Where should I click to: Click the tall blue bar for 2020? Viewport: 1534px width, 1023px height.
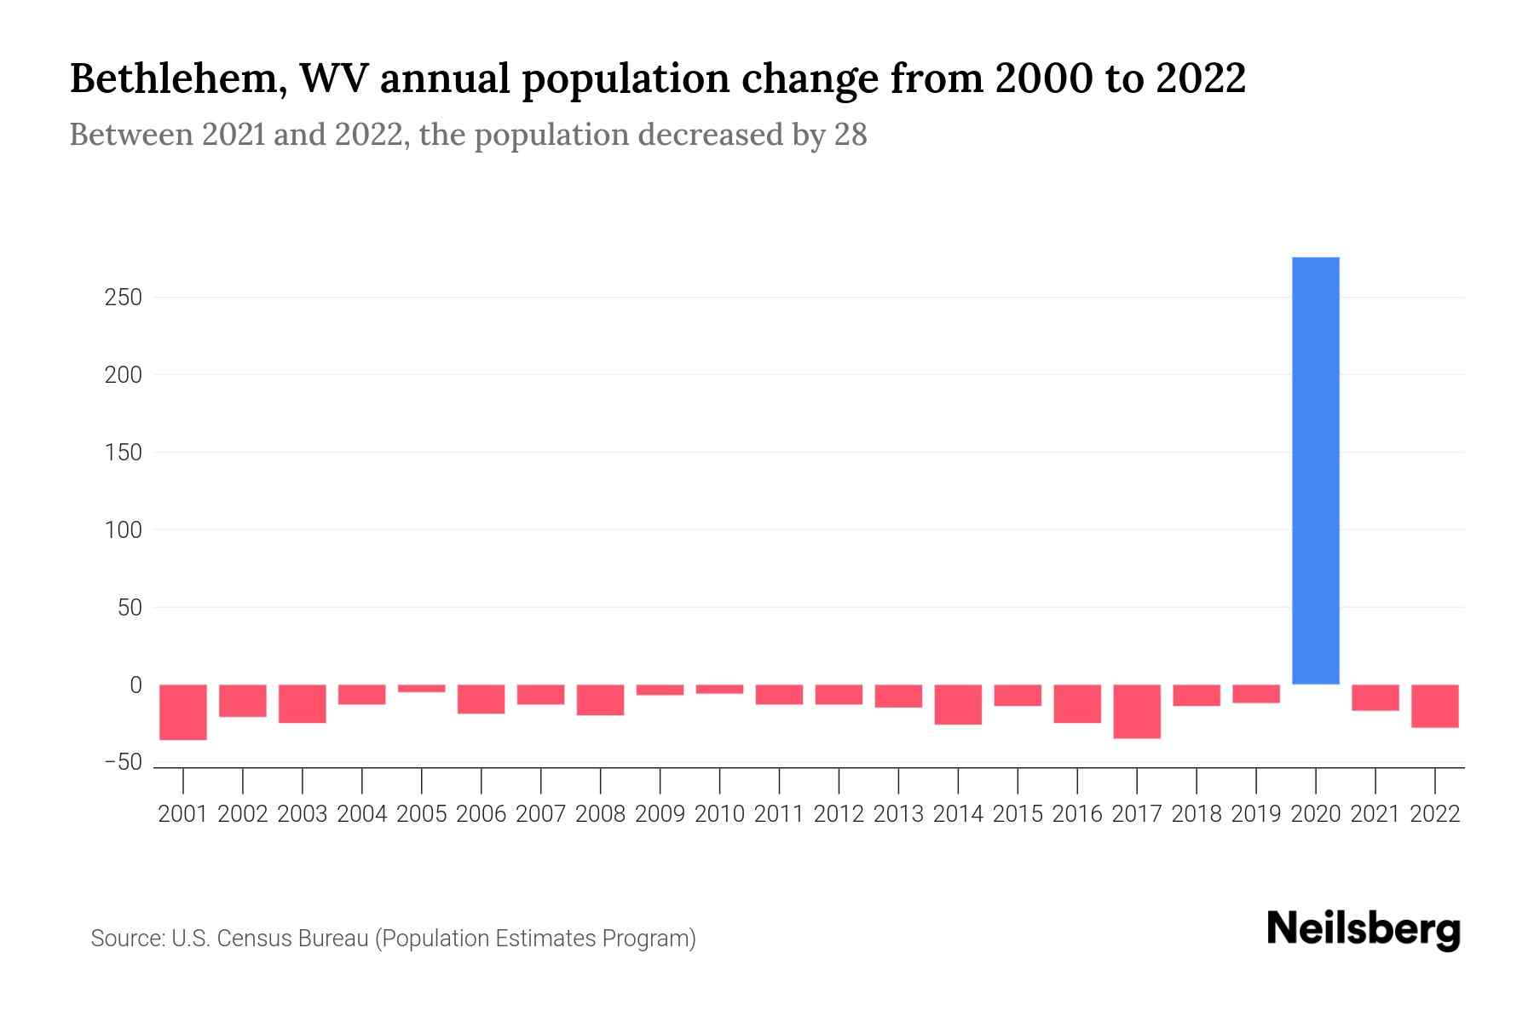(x=1315, y=471)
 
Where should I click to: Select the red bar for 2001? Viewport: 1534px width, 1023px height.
(x=183, y=712)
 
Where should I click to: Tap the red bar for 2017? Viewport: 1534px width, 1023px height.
(x=1137, y=711)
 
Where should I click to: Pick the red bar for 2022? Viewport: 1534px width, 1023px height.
(x=1435, y=706)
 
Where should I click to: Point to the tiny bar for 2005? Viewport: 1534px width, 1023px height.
(x=422, y=688)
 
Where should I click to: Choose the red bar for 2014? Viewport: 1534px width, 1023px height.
(x=958, y=704)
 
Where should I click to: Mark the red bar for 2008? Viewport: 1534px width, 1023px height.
(x=601, y=700)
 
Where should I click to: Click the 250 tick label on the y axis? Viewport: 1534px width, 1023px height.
(x=123, y=298)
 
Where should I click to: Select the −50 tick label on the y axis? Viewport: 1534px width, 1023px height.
(x=123, y=762)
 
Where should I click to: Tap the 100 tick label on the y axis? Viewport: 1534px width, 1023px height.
(x=123, y=530)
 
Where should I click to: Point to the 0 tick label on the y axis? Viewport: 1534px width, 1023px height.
(x=136, y=685)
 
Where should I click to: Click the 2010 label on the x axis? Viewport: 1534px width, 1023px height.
(x=719, y=814)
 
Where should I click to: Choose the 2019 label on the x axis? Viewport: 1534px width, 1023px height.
(x=1256, y=814)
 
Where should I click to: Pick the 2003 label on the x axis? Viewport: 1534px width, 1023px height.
(x=303, y=814)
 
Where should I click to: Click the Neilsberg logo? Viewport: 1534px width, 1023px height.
(x=1364, y=929)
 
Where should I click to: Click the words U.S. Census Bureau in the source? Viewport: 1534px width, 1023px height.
(x=270, y=939)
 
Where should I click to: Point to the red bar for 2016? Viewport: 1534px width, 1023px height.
(x=1077, y=703)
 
